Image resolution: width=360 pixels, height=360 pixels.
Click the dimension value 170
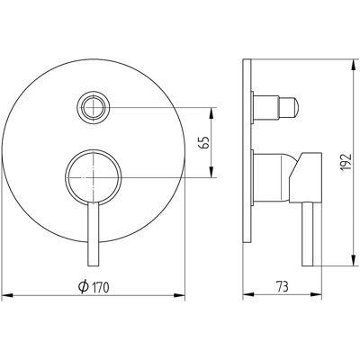click(x=101, y=287)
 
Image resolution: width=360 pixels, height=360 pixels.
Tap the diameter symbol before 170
click(x=84, y=287)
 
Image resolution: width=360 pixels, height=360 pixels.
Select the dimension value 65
click(x=204, y=142)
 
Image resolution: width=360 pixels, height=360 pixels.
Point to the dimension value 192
click(x=346, y=162)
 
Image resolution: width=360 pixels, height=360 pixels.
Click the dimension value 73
click(x=282, y=287)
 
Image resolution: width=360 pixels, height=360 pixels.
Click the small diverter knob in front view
click(x=94, y=108)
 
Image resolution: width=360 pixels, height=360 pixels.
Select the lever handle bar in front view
click(x=93, y=233)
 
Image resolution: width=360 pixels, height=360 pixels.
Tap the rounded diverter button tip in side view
click(x=289, y=108)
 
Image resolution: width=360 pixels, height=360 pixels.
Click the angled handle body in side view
click(x=305, y=177)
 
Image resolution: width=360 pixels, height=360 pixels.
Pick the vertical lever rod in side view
click(x=307, y=234)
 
